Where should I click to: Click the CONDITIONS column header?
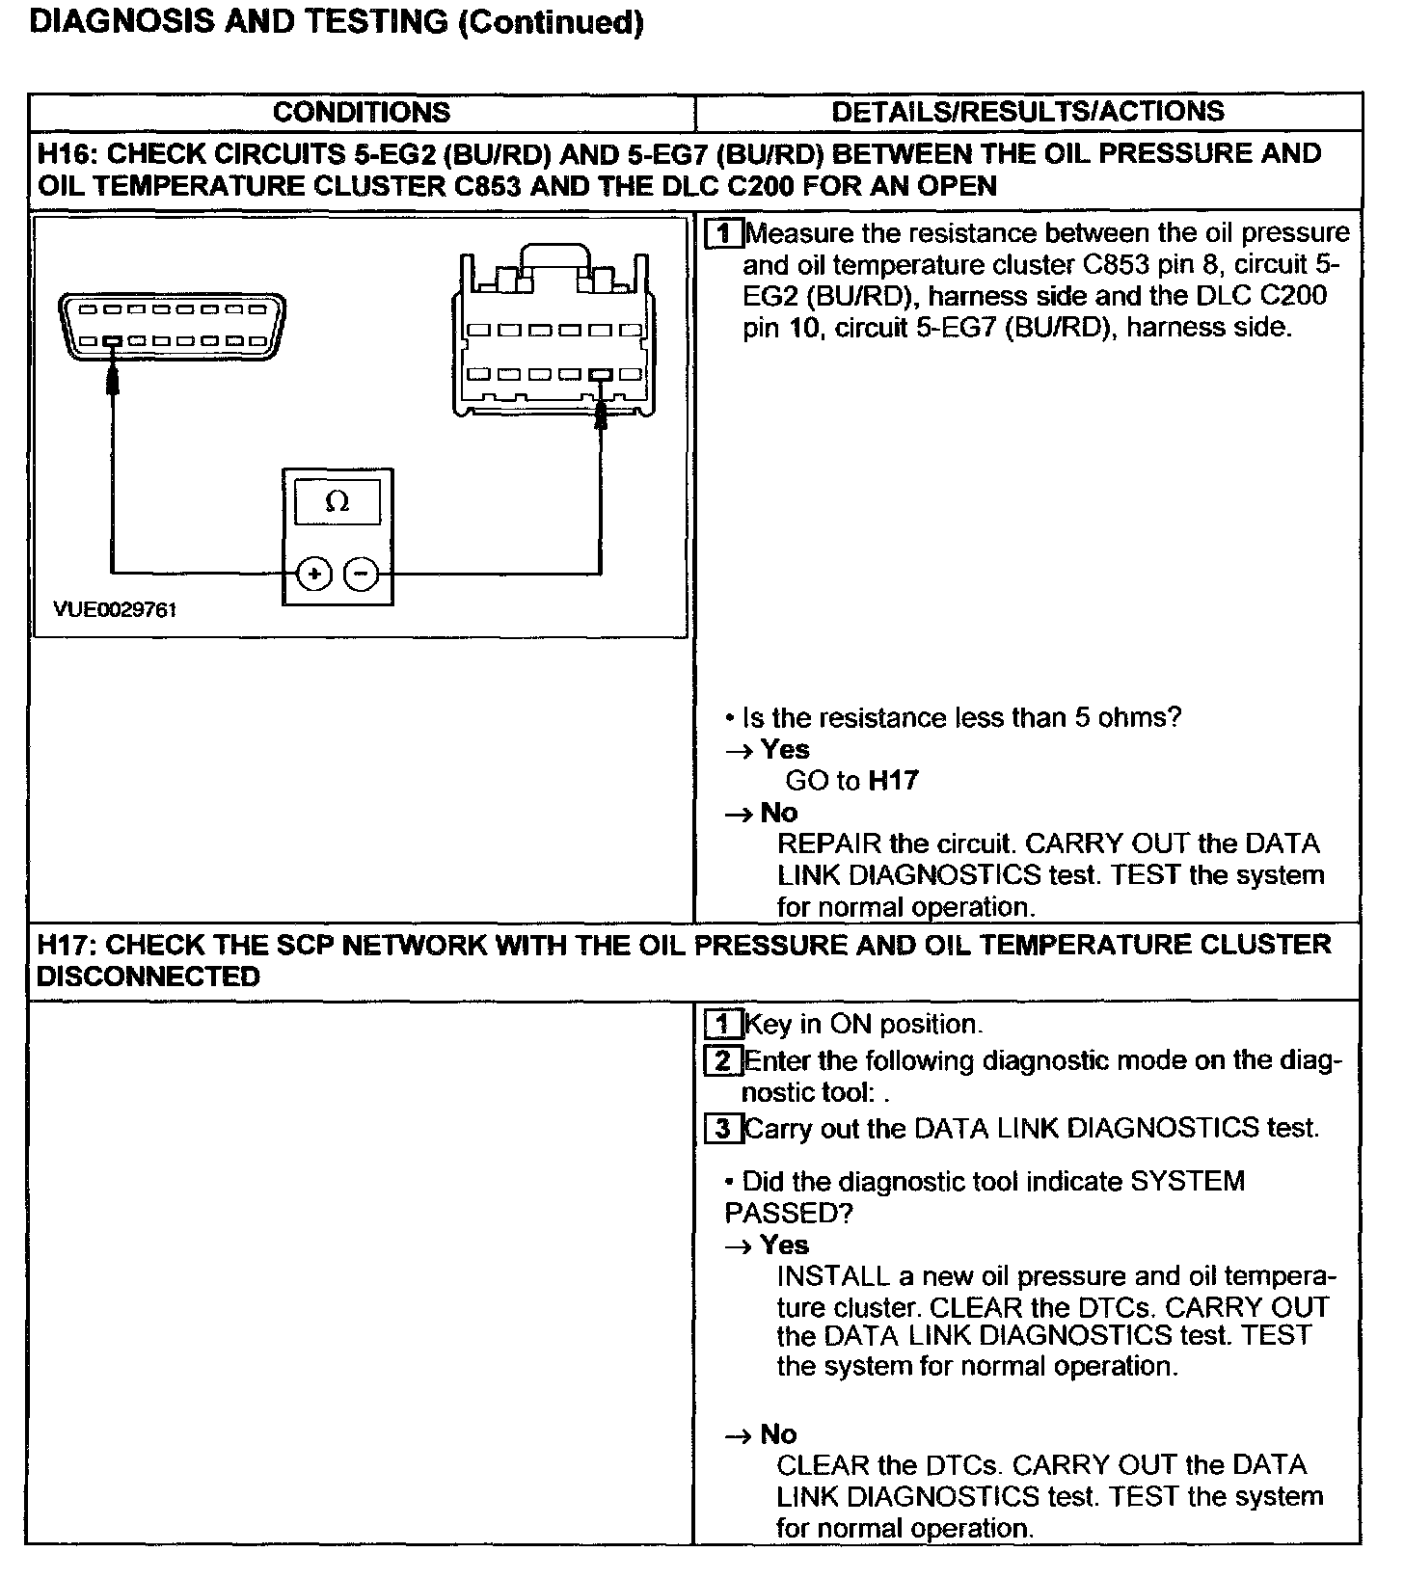click(x=362, y=112)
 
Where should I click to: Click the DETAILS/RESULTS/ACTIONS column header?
click(x=1028, y=111)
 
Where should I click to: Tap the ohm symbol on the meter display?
click(x=337, y=501)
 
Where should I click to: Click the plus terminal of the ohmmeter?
click(x=313, y=574)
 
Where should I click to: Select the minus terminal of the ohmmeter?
click(x=362, y=574)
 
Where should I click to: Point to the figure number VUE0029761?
click(x=116, y=610)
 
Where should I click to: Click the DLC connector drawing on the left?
click(x=174, y=325)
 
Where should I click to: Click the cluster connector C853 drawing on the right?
click(x=553, y=337)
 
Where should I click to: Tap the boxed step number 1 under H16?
click(x=725, y=234)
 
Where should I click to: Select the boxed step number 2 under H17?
click(x=724, y=1061)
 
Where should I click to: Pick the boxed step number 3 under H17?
click(x=724, y=1128)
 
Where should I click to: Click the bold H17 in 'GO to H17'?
click(x=893, y=780)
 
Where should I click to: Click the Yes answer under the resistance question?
click(x=785, y=749)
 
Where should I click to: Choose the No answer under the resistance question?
click(x=779, y=813)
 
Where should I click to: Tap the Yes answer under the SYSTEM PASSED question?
click(x=785, y=1244)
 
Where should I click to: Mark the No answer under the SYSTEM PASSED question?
click(x=779, y=1433)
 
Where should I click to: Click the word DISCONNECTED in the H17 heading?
click(x=148, y=977)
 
